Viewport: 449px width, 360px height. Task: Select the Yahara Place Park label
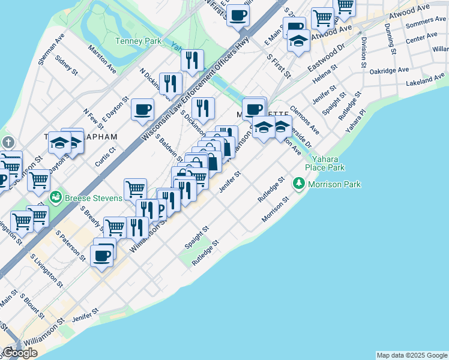(x=325, y=163)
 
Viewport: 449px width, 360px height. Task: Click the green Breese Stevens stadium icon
(x=56, y=196)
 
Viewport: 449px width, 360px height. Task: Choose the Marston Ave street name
(x=102, y=58)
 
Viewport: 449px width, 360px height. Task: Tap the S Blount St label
(x=33, y=305)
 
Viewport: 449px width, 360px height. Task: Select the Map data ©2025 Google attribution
(x=412, y=355)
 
